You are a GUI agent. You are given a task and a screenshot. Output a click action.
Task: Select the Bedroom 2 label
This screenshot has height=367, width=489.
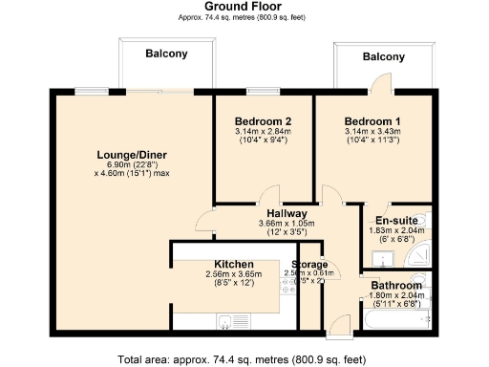pos(262,122)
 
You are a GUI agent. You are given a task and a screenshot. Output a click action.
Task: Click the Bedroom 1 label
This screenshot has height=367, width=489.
pos(372,122)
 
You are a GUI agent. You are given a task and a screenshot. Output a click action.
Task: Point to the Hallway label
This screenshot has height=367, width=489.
pos(287,213)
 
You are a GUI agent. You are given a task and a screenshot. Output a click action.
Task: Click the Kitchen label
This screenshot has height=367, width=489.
pos(233,264)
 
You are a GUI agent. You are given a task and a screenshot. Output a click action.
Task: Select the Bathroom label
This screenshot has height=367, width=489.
pos(396,285)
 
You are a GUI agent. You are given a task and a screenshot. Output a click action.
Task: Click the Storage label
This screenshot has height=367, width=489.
pos(309,264)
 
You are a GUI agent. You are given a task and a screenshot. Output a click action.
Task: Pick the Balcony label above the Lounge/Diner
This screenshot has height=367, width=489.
pos(166,54)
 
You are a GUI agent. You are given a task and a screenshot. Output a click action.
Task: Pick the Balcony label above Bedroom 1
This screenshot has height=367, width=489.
pos(383,57)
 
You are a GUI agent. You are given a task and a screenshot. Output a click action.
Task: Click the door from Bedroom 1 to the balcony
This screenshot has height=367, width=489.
pos(376,88)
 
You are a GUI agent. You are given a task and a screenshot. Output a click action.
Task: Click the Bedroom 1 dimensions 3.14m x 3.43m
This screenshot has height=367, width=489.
pos(372,135)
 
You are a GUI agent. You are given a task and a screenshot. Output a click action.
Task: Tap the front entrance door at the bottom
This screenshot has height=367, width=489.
pos(338,330)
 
